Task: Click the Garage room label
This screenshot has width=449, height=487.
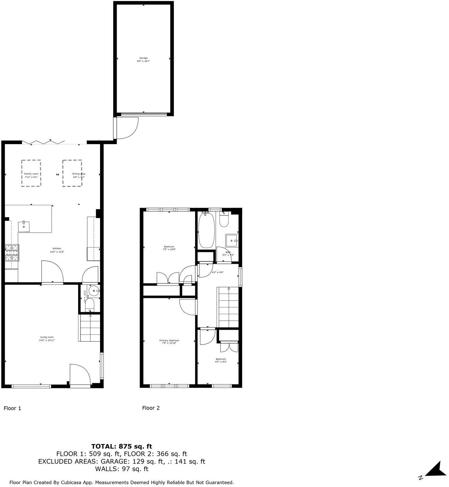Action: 143,60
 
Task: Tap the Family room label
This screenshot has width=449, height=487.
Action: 31,175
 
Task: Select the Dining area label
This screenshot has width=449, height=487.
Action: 78,175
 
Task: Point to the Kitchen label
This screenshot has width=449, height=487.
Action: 57,250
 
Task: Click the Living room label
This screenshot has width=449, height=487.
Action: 47,339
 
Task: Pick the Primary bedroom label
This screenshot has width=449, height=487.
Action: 169,342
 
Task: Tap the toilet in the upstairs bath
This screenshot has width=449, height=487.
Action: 224,220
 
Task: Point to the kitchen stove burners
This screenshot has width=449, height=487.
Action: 11,253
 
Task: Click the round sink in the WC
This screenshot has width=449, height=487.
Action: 94,291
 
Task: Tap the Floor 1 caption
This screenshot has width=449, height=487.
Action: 13,408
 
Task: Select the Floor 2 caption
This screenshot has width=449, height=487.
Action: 151,408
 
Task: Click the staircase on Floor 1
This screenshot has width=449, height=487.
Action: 90,328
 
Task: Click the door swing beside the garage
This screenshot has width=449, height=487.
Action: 127,128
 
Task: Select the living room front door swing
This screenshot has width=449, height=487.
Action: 80,374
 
